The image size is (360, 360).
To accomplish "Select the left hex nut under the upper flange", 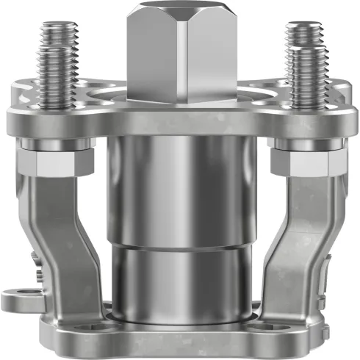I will pos(54,161).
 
